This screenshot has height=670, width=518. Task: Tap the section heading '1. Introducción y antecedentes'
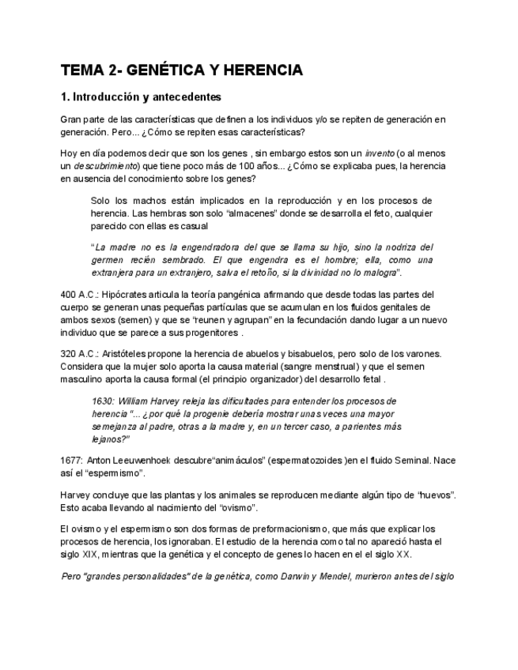pos(141,97)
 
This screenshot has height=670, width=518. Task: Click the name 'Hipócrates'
pos(127,295)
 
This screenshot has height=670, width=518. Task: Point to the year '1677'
pos(71,461)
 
